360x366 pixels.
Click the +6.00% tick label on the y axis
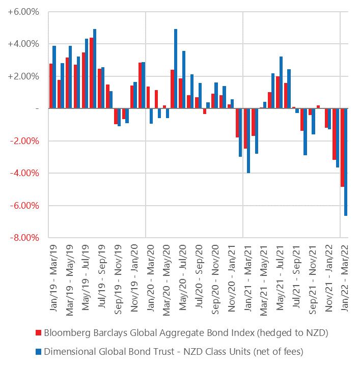[23, 11]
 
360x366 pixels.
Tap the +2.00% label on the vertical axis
[23, 76]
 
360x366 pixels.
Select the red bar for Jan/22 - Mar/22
[342, 148]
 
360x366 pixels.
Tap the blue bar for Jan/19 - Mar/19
[54, 77]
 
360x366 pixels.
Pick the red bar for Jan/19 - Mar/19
[51, 86]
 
